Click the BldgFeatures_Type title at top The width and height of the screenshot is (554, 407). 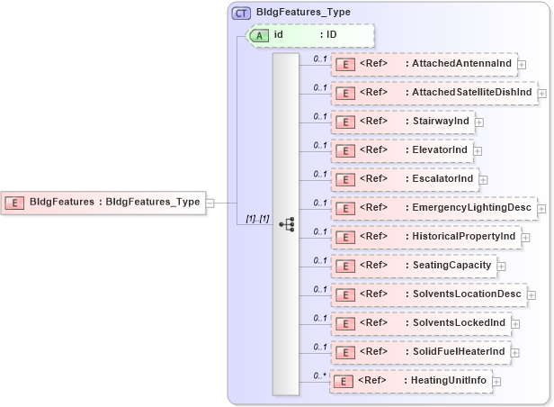pos(303,13)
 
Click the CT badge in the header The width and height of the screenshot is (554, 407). pos(242,13)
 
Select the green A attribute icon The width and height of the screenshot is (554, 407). pos(259,35)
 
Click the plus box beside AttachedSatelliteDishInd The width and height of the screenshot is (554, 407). pos(542,93)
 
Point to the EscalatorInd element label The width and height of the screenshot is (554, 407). pos(440,179)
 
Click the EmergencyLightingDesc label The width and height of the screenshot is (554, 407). pos(469,208)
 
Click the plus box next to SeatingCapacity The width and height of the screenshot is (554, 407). pos(501,266)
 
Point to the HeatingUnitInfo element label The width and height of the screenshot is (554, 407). pos(447,381)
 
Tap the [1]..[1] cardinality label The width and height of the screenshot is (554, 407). pos(257,219)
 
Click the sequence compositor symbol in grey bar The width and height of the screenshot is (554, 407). pos(286,223)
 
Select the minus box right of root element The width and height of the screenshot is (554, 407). pos(210,203)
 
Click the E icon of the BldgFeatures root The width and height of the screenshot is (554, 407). pos(14,203)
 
